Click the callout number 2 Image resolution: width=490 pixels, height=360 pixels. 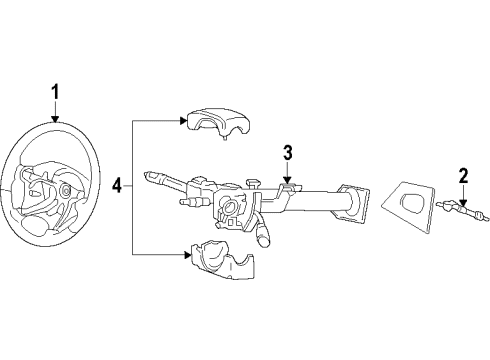tap(463, 176)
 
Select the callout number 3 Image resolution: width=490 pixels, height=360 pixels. tap(287, 153)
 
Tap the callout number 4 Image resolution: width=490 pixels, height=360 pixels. tap(118, 186)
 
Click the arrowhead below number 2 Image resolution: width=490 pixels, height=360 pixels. tap(463, 203)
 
